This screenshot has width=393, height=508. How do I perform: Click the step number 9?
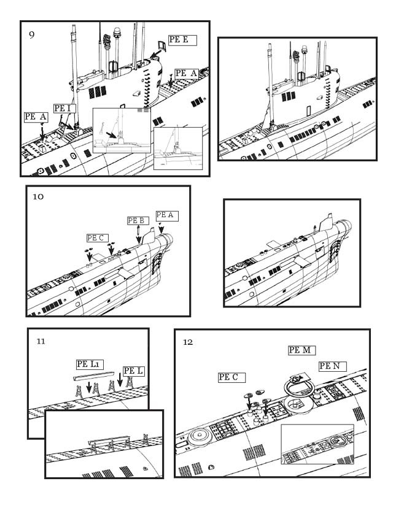point(31,35)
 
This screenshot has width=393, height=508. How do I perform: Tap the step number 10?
point(38,197)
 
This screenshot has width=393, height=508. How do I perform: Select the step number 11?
point(41,342)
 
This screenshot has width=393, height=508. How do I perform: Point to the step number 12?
point(188,342)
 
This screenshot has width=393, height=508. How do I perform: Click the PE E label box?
point(182,40)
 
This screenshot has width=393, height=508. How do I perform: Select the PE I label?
point(64,109)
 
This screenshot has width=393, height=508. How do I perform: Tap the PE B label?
point(138,221)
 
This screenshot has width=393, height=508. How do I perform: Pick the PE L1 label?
point(90,364)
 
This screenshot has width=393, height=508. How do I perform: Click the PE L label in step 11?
point(133,371)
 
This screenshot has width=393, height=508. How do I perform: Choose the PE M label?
point(302,350)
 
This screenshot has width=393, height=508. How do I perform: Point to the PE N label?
point(332,366)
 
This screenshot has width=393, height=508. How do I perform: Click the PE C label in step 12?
point(232,377)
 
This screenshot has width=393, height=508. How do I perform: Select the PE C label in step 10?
point(97,238)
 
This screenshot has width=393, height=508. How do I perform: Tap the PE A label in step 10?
point(167,215)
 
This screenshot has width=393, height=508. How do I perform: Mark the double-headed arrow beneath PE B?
point(138,234)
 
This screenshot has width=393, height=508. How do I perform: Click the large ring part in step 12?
point(298,387)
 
